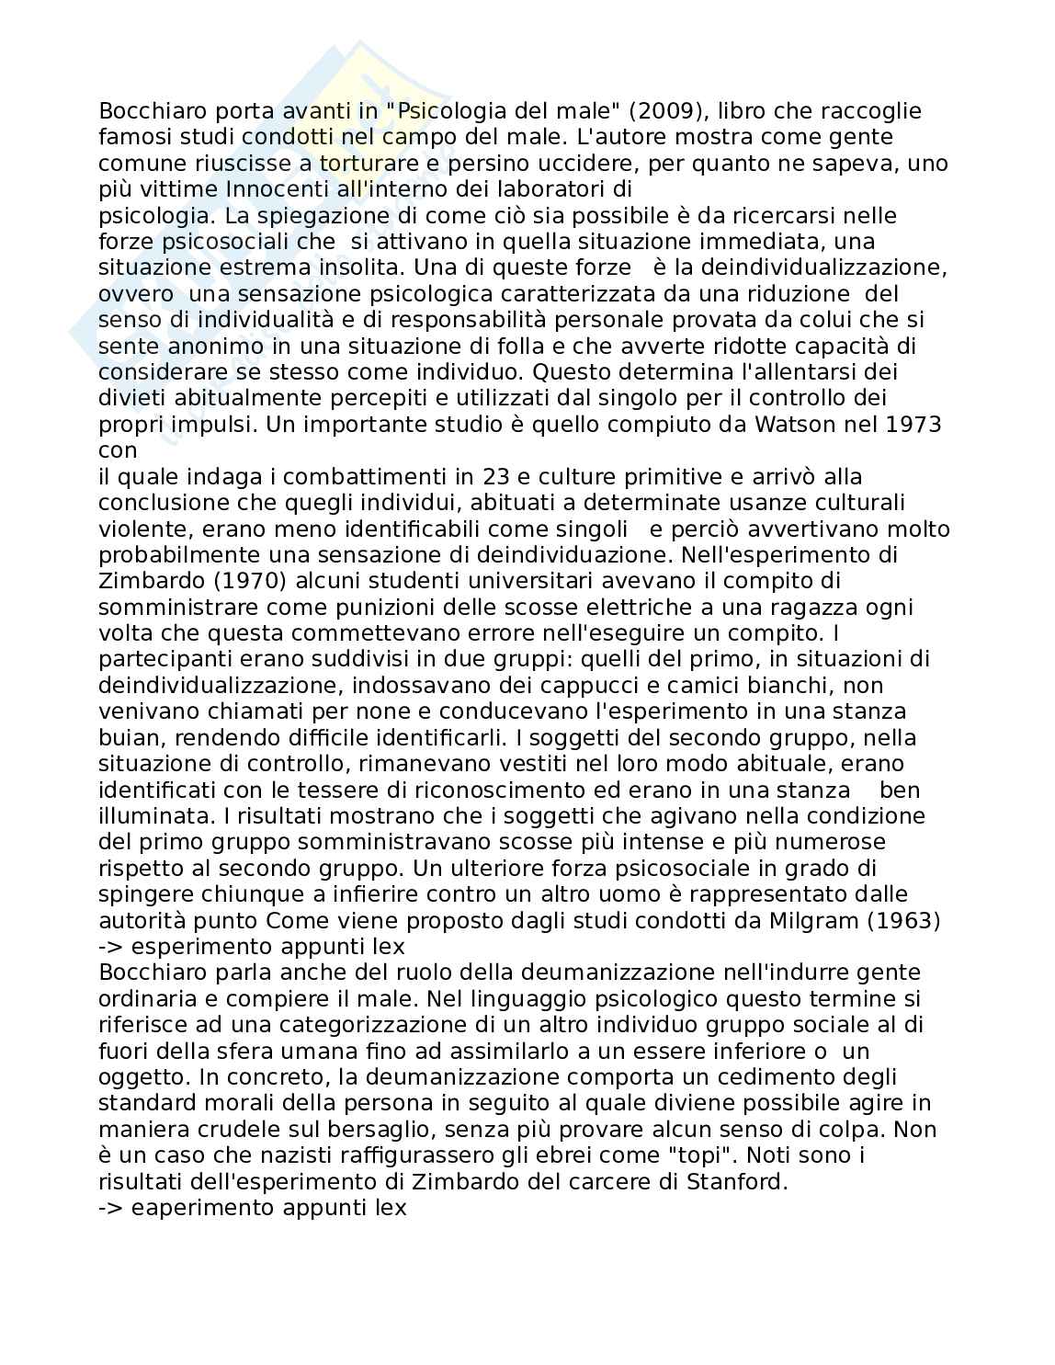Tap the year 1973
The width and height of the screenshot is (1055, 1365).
910,425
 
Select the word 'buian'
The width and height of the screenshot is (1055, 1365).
124,738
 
